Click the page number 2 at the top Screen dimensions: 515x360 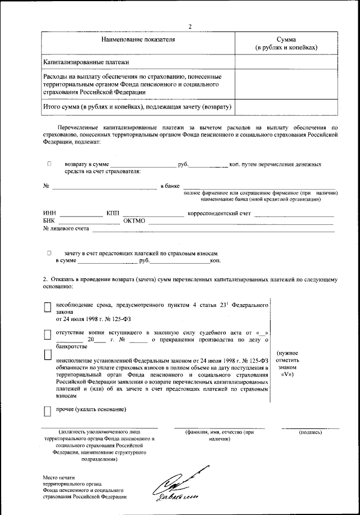pyautogui.click(x=190, y=26)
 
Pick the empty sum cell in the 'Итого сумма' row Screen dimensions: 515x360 pyautogui.click(x=287, y=106)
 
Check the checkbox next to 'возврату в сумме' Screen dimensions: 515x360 pyautogui.click(x=49, y=164)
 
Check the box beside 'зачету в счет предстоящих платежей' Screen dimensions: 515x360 pyautogui.click(x=49, y=254)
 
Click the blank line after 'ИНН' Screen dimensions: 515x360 pyautogui.click(x=82, y=215)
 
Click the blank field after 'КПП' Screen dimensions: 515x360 pyautogui.click(x=153, y=215)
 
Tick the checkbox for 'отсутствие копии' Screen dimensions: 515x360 pyautogui.click(x=48, y=335)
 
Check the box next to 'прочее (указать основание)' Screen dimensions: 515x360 pyautogui.click(x=48, y=412)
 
